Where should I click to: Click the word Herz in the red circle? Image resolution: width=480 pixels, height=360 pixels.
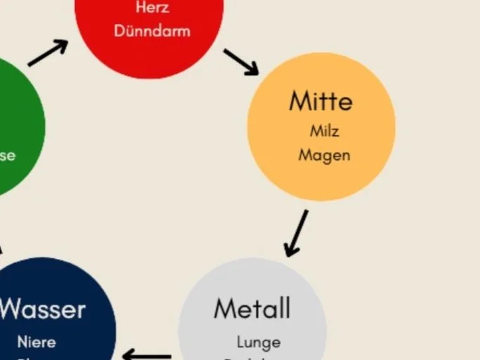152,8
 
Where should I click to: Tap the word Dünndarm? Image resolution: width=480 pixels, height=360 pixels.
152,31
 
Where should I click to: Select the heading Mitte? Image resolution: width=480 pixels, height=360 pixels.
321,101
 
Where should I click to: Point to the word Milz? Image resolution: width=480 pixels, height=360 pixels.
324,131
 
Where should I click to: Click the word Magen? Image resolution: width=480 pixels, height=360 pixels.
324,154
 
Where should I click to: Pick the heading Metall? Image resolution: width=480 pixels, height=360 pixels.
251,308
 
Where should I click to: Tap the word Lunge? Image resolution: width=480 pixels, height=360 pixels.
258,342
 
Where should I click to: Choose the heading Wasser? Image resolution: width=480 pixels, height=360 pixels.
43,309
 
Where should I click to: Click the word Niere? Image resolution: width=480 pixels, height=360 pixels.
36,342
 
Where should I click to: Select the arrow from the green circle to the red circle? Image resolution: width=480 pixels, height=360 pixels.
48,53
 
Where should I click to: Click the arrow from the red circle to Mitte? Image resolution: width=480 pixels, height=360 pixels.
241,62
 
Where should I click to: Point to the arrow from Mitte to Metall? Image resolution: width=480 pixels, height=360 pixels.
296,233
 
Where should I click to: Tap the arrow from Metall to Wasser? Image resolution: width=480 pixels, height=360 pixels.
147,355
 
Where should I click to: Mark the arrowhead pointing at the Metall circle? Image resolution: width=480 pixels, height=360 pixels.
291,250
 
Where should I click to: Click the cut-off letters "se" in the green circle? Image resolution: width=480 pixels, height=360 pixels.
7,156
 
